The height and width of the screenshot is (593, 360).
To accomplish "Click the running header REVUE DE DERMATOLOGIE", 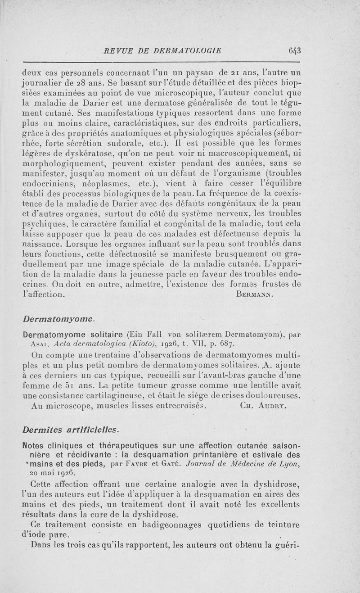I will pos(162,50).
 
